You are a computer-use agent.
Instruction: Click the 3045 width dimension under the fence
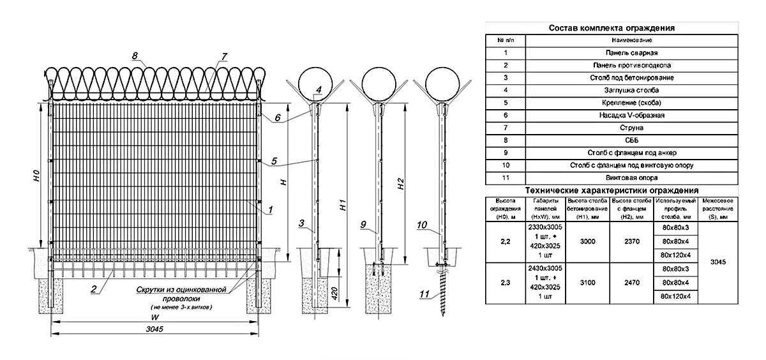[154, 329]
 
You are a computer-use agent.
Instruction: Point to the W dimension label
[155, 317]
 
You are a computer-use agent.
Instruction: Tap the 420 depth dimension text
[334, 294]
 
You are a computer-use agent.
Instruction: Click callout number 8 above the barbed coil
[135, 56]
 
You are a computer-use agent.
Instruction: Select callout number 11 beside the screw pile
[424, 294]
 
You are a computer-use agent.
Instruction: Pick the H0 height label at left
[37, 176]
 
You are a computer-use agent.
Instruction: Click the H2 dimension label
[401, 184]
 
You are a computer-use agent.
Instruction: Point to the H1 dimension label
[343, 205]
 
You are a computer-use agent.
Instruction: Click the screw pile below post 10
[443, 291]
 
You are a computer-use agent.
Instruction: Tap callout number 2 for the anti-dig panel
[94, 290]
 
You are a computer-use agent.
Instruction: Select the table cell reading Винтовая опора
[631, 178]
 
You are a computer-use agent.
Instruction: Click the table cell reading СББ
[631, 140]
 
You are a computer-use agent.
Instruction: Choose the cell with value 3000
[587, 241]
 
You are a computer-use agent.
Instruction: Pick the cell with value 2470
[631, 283]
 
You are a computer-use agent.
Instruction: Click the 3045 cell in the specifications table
[717, 262]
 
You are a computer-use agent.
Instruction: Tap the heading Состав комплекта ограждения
[612, 28]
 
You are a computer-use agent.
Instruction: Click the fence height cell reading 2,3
[505, 283]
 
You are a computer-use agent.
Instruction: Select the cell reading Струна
[631, 128]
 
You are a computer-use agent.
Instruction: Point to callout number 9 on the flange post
[363, 224]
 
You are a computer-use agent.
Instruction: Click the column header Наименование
[631, 40]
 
